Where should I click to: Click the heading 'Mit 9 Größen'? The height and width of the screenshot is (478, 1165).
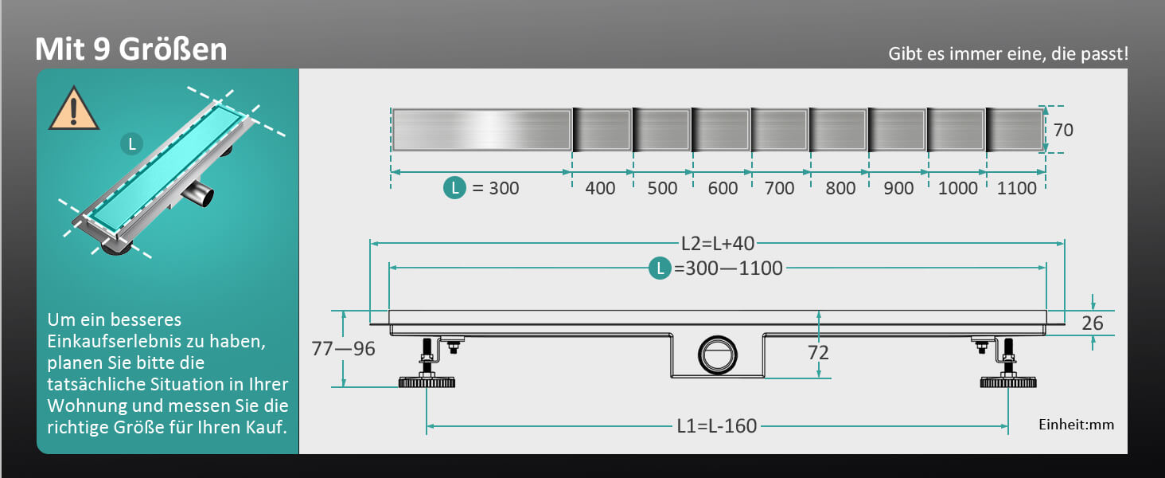click(131, 49)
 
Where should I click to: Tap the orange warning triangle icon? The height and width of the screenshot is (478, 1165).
click(73, 109)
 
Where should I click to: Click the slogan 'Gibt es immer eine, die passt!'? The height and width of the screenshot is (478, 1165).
click(1008, 53)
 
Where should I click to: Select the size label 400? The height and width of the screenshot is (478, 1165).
click(600, 188)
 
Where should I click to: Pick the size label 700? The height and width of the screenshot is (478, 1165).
click(779, 188)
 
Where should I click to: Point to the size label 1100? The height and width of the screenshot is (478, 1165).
click(1017, 188)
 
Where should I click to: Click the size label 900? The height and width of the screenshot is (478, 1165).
click(898, 188)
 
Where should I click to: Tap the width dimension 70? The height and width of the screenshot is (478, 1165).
click(1063, 130)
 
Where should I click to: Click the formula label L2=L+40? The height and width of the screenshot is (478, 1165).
click(718, 243)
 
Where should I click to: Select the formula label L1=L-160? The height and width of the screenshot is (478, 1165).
click(717, 426)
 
